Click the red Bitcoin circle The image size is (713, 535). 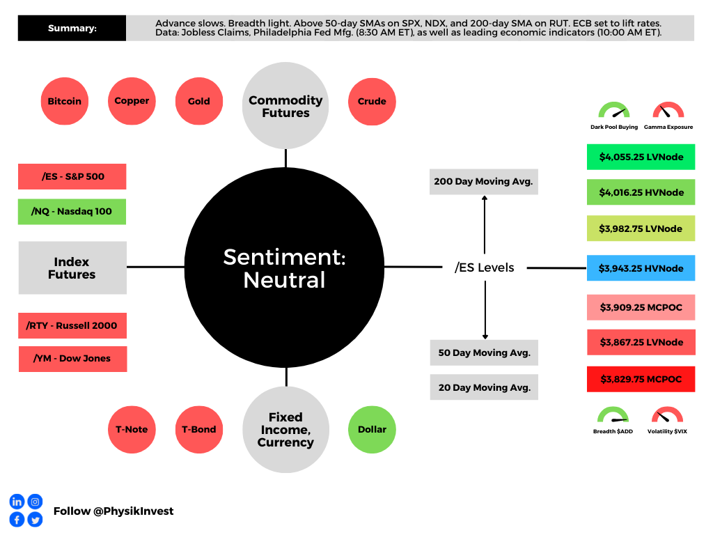[65, 101]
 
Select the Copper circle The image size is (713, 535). [132, 101]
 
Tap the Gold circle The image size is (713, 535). [198, 101]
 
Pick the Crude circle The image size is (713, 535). [372, 101]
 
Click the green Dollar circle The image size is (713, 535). [372, 429]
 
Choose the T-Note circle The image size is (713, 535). [132, 429]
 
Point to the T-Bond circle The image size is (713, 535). [198, 429]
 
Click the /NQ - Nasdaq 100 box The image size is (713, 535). [72, 212]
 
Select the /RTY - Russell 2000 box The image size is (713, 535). [72, 325]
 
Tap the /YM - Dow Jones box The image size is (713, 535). [72, 359]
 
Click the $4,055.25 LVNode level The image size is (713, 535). [641, 157]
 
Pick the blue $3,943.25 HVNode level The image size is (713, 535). [641, 268]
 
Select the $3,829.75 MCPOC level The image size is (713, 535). [641, 379]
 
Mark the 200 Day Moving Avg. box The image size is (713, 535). [483, 182]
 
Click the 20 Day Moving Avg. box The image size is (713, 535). [483, 387]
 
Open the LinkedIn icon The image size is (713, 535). [17, 502]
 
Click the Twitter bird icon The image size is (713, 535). [35, 520]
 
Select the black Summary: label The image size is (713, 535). [72, 29]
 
